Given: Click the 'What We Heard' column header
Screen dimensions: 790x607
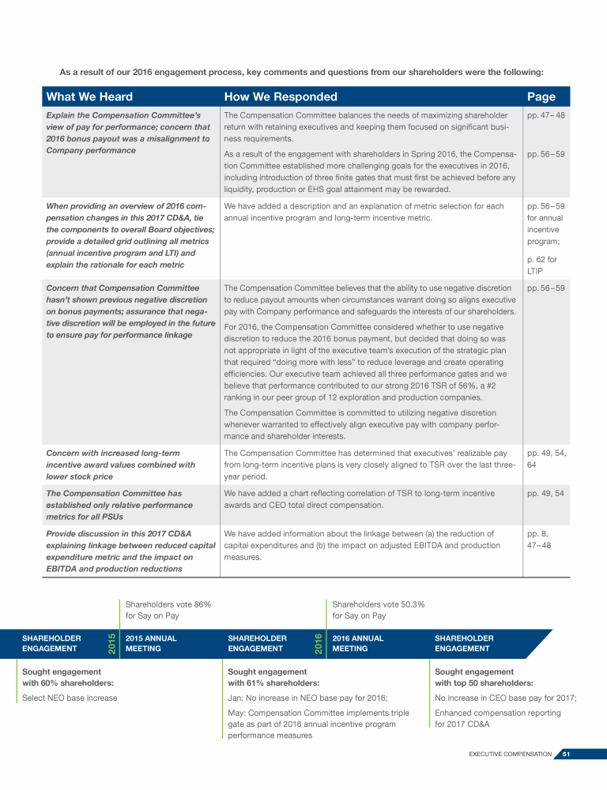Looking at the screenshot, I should click(89, 97).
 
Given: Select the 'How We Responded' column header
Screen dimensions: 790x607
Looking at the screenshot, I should click(281, 97).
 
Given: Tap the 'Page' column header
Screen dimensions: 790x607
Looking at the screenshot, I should click(541, 97).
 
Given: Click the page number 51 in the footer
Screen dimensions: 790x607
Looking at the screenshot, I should click(567, 754).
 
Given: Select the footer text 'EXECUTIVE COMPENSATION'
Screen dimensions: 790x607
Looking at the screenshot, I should click(510, 754).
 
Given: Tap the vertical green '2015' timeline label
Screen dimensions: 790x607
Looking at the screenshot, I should click(111, 643).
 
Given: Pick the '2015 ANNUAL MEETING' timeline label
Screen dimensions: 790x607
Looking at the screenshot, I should click(151, 643).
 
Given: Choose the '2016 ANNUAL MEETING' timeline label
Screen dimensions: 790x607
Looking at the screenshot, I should click(358, 643).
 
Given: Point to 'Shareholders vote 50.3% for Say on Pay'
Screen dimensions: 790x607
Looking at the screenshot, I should click(378, 610).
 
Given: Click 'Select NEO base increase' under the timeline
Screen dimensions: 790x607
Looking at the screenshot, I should click(70, 698).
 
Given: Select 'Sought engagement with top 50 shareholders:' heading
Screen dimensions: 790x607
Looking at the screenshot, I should click(483, 677).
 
